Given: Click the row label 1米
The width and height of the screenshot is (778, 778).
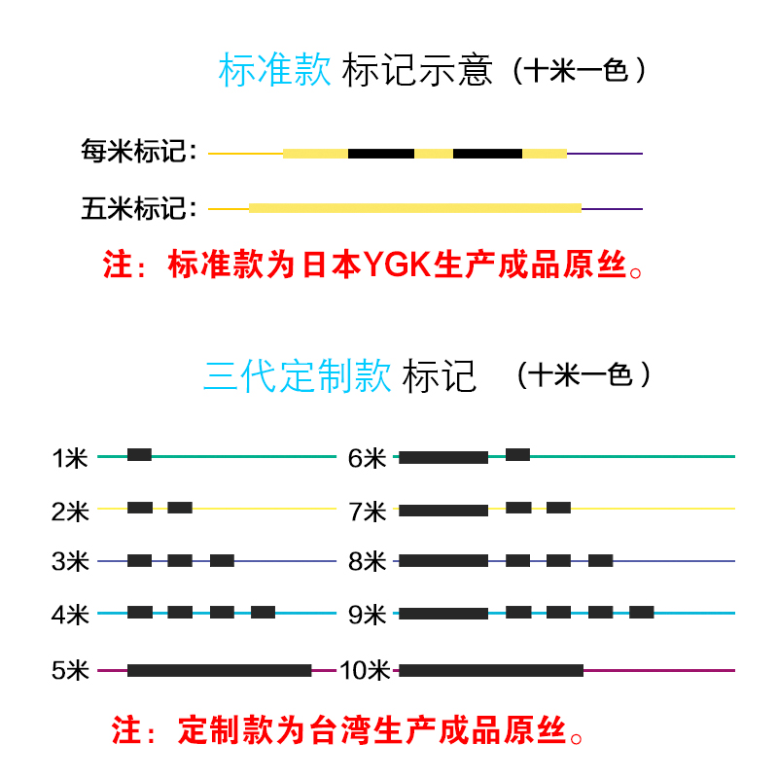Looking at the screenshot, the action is [70, 457].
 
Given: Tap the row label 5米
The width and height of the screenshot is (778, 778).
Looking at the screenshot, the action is [70, 671].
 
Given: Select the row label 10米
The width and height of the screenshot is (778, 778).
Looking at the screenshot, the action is [365, 671].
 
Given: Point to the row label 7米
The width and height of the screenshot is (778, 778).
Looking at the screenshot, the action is [368, 511].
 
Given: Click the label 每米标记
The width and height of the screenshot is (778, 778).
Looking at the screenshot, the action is [139, 153].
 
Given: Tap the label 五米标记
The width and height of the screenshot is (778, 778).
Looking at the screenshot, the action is [139, 208].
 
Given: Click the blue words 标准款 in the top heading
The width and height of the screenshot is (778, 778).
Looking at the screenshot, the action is [276, 71].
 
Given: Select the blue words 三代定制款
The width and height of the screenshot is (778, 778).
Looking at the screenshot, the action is [298, 375].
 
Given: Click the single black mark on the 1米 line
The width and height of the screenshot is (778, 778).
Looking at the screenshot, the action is [139, 454].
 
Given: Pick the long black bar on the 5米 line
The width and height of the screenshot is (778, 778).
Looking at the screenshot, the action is [219, 670].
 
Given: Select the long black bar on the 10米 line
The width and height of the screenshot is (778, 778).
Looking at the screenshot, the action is [491, 670].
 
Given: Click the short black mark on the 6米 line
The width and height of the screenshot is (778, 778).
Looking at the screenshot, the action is [517, 454].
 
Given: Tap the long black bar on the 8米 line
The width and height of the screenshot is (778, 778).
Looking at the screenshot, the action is [443, 560].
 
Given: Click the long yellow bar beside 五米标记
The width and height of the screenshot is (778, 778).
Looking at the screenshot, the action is [415, 208].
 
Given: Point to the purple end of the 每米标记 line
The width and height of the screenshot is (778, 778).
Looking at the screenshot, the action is [605, 154].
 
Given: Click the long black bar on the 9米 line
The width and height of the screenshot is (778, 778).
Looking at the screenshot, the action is [443, 614].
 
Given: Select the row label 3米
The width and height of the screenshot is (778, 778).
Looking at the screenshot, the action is [70, 562].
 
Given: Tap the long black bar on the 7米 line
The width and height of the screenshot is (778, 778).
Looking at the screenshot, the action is [443, 510].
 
